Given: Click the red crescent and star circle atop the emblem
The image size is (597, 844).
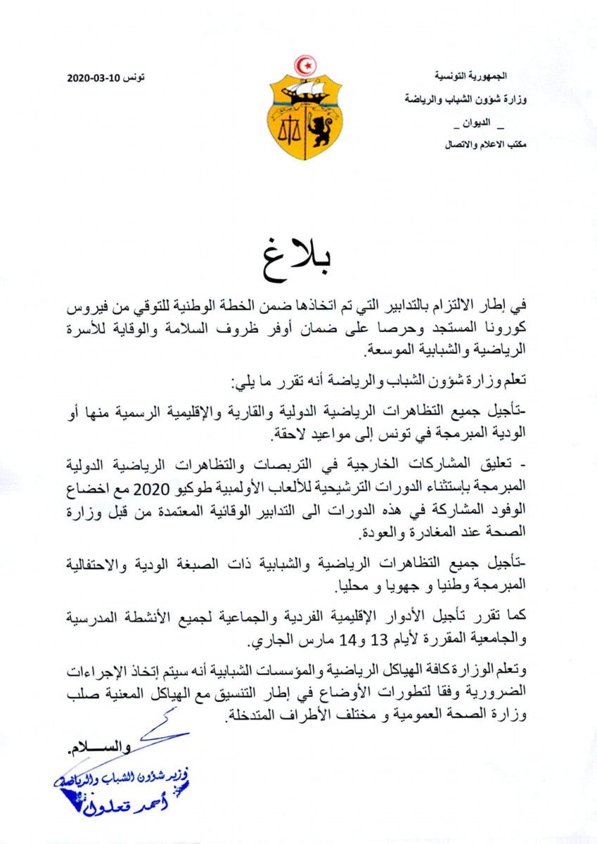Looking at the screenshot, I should pos(305,66).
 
